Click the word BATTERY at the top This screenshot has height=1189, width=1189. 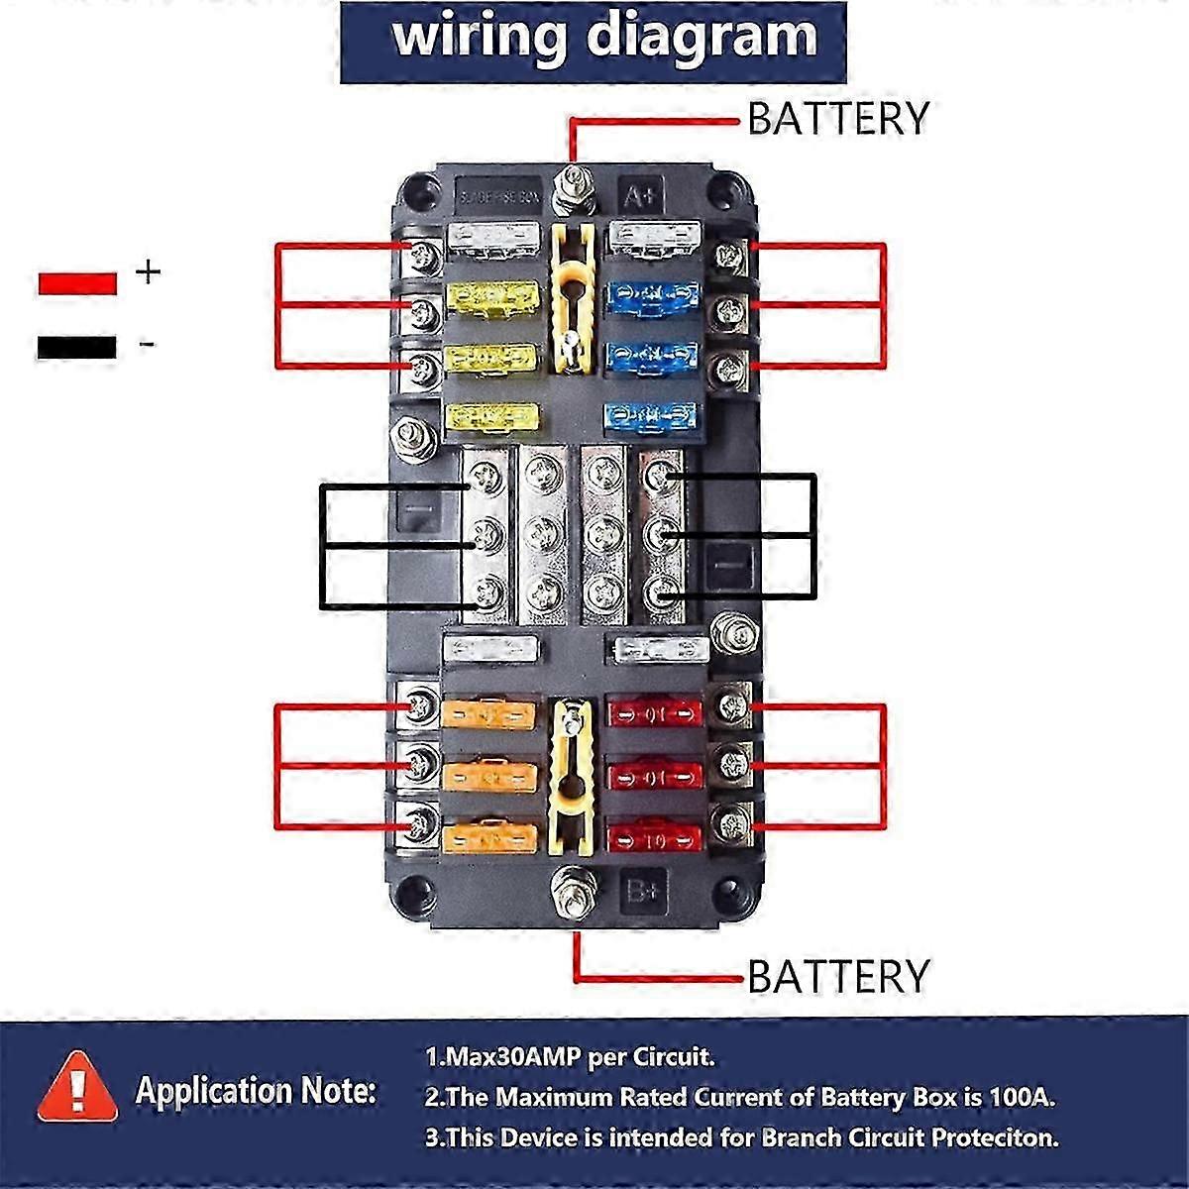[x=837, y=118]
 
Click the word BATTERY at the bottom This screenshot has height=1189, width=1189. [x=837, y=976]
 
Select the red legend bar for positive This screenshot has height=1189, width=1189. [x=77, y=281]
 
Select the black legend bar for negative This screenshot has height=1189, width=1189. [x=77, y=348]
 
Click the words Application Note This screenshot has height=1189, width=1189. [x=256, y=1091]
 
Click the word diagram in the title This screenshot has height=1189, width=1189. [x=703, y=37]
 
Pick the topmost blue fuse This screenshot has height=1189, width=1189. [x=653, y=294]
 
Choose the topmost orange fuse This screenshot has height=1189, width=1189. [x=489, y=713]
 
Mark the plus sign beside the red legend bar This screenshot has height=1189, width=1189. [x=147, y=270]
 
